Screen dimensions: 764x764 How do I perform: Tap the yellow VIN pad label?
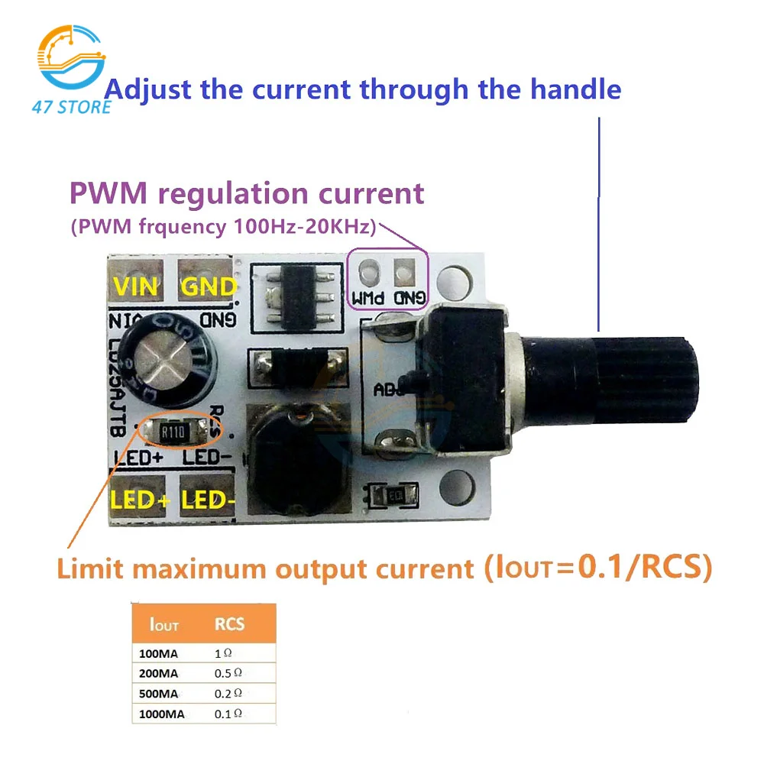(x=135, y=287)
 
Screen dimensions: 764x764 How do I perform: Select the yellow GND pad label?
(x=207, y=287)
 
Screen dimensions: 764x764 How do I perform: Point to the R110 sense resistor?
(x=175, y=433)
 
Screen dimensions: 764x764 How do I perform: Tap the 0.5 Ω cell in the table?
(x=228, y=673)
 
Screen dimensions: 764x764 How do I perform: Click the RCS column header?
(x=229, y=624)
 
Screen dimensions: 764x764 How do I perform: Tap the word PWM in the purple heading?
(x=102, y=193)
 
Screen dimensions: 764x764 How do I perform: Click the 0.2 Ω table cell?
(x=228, y=694)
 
